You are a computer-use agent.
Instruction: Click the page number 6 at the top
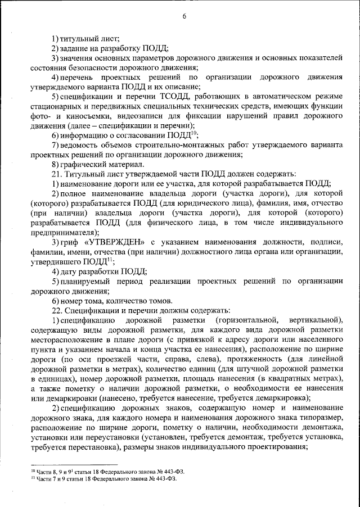[184, 16]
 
